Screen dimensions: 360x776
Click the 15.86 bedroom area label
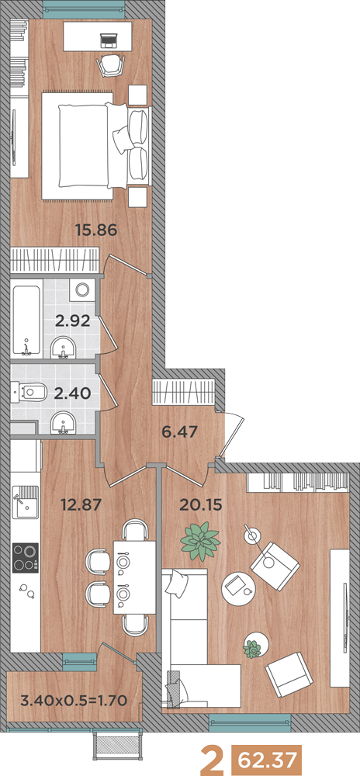(96, 230)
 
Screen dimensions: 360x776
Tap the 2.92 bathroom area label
(72, 321)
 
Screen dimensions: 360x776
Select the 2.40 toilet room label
(73, 394)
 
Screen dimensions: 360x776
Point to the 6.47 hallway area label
(180, 431)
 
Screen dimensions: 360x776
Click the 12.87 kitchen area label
(81, 504)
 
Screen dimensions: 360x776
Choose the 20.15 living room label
(201, 504)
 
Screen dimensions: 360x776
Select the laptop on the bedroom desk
(107, 40)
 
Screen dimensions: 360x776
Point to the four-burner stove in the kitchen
(26, 558)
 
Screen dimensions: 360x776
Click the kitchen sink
(26, 502)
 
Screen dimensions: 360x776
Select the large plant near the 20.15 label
(200, 542)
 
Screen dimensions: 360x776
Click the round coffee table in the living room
(239, 588)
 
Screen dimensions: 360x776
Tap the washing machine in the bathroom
(81, 289)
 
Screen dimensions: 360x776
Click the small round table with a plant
(257, 645)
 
